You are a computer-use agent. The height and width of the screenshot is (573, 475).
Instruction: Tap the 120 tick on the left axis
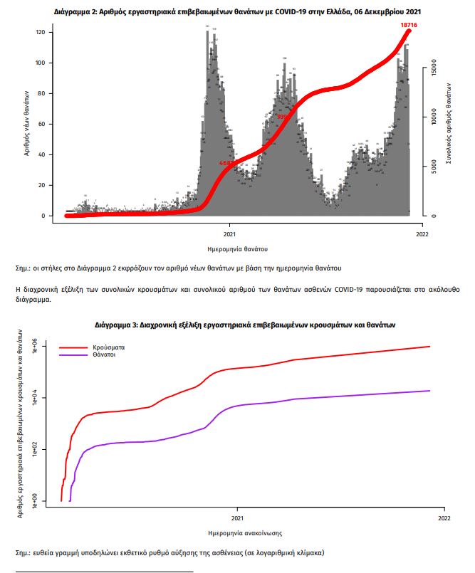(40, 33)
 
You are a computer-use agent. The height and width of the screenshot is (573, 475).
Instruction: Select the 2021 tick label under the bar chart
(230, 233)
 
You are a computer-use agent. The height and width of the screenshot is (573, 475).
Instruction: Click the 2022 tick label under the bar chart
(422, 233)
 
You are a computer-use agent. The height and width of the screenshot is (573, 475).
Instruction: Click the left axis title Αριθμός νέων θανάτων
(26, 123)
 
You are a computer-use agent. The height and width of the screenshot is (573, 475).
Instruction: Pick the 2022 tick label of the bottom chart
(444, 517)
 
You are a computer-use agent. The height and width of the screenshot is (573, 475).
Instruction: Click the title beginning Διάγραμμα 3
(244, 324)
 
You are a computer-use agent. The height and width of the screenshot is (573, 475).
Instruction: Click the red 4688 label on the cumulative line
(227, 163)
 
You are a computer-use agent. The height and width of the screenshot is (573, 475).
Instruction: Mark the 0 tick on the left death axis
(42, 216)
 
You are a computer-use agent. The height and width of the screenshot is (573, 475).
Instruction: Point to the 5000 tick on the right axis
(431, 167)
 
